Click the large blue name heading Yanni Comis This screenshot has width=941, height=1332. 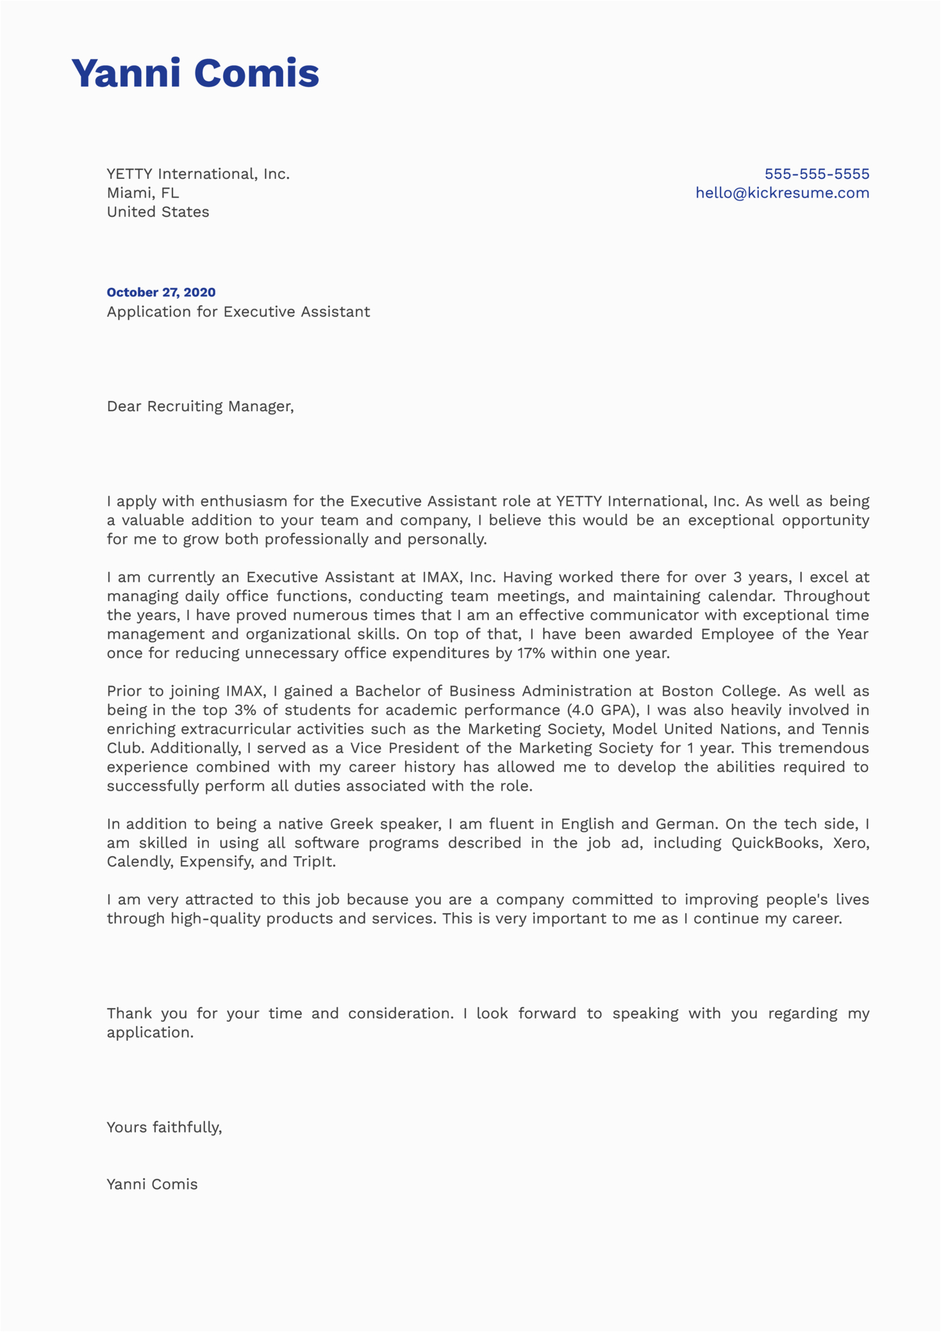pyautogui.click(x=195, y=72)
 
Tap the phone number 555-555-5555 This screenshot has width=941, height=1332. pyautogui.click(x=817, y=174)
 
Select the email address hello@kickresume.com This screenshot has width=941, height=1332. pyautogui.click(x=782, y=193)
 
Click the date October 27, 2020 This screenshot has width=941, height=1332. pyautogui.click(x=161, y=292)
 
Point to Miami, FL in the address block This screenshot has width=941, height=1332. pyautogui.click(x=143, y=193)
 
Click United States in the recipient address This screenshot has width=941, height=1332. pyautogui.click(x=158, y=212)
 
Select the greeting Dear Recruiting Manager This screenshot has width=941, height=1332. pyautogui.click(x=200, y=407)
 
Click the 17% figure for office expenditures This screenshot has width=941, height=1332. pyautogui.click(x=531, y=653)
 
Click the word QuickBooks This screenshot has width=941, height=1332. pyautogui.click(x=776, y=843)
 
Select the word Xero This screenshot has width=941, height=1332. pyautogui.click(x=849, y=843)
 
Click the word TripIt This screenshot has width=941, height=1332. pyautogui.click(x=313, y=862)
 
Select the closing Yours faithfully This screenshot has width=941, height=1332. pyautogui.click(x=164, y=1127)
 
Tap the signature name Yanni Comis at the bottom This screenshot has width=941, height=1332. pyautogui.click(x=152, y=1184)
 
